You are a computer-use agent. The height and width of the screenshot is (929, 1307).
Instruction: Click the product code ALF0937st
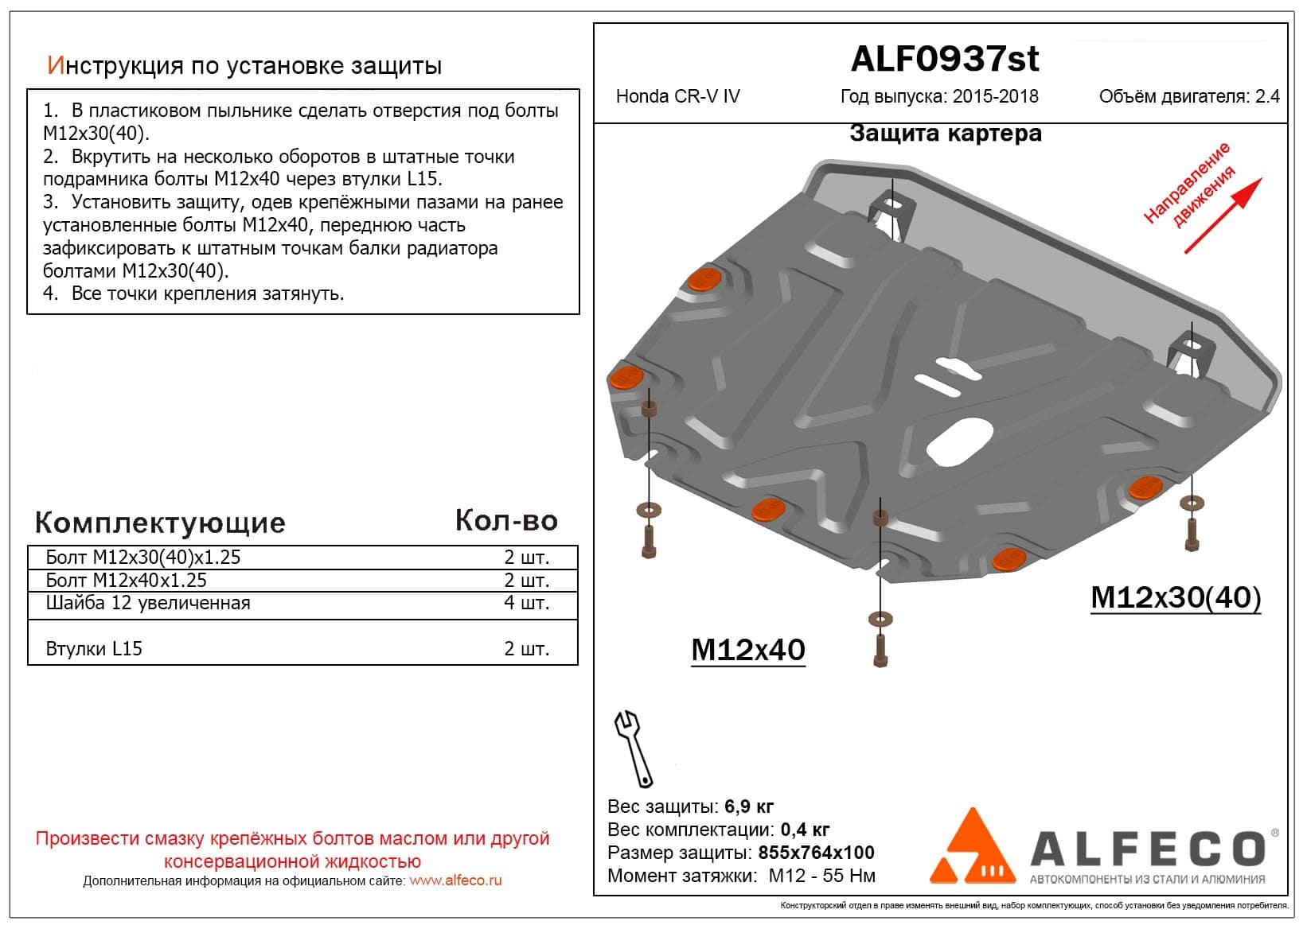[x=945, y=59]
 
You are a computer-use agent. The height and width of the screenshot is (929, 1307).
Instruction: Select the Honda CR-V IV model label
[x=677, y=96]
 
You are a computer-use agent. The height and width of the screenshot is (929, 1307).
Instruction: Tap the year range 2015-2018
[x=995, y=96]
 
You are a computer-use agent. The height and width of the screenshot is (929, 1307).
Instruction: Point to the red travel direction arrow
[x=1223, y=216]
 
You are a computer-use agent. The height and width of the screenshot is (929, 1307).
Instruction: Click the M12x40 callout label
[x=747, y=650]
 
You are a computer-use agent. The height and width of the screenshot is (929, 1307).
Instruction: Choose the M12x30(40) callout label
[x=1175, y=597]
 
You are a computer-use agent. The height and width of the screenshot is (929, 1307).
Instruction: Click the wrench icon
[x=633, y=748]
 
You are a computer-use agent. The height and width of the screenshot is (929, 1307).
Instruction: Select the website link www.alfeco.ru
[x=455, y=880]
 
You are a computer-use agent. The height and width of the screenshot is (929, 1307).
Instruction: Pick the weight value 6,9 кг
[x=749, y=807]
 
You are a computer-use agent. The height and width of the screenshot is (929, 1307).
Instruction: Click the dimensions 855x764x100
[x=816, y=853]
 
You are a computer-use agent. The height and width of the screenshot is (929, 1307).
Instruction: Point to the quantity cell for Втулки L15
[x=526, y=648]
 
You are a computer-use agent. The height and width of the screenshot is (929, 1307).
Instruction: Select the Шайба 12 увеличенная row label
[x=148, y=603]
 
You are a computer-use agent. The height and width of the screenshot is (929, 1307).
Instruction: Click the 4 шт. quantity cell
[x=526, y=603]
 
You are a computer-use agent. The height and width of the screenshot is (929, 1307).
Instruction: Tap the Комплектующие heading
[x=160, y=523]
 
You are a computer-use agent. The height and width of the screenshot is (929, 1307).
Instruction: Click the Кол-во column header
[x=506, y=520]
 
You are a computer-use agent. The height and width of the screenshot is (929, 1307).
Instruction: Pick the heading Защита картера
[x=945, y=133]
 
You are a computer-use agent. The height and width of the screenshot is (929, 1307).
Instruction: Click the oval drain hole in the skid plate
[x=960, y=443]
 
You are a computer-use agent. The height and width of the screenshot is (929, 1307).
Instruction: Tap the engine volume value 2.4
[x=1267, y=96]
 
